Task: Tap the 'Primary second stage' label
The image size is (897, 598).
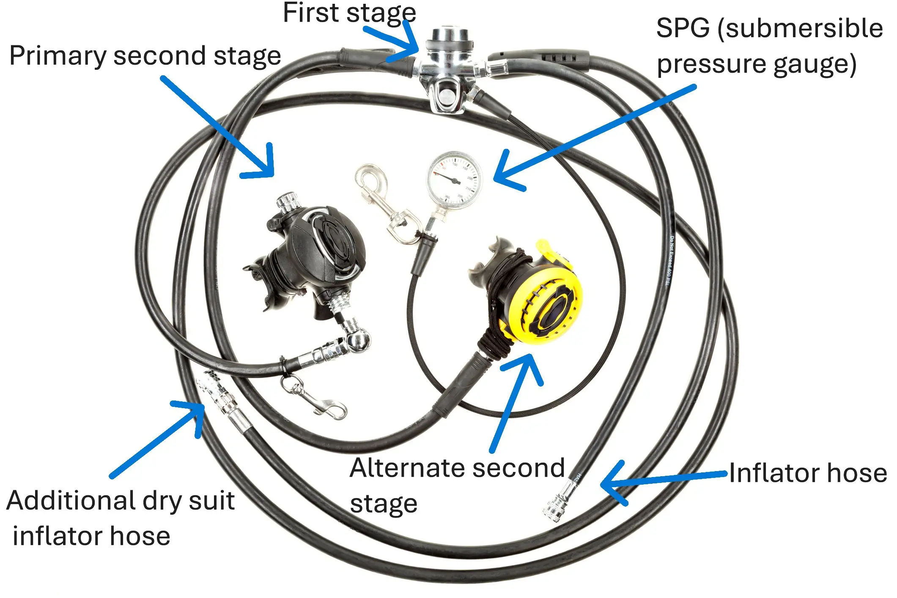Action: pyautogui.click(x=145, y=56)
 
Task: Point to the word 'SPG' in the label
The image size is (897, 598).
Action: pyautogui.click(x=683, y=29)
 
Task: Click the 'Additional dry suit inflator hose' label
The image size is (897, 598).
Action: pyautogui.click(x=121, y=518)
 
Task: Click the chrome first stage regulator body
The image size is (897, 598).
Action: pyautogui.click(x=447, y=68)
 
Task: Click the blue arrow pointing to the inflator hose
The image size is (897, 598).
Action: pyautogui.click(x=660, y=480)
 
